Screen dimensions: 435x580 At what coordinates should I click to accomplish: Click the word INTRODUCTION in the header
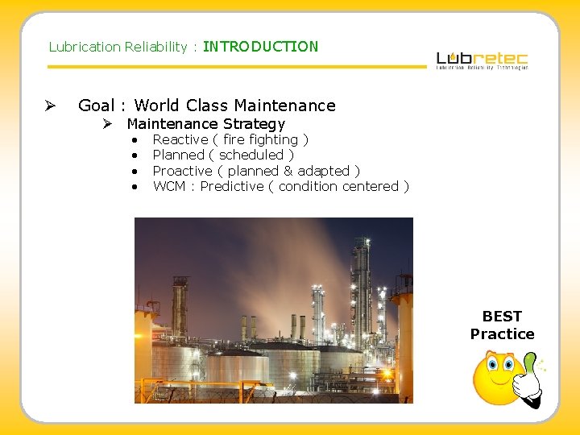tap(260, 47)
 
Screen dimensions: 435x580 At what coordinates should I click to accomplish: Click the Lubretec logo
tap(482, 60)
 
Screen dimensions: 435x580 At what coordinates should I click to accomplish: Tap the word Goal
tap(96, 106)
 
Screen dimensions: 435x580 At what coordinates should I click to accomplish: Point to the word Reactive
tap(180, 139)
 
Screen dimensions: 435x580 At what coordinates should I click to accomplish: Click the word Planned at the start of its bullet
tap(178, 155)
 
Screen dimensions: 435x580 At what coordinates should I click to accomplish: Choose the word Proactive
tap(182, 171)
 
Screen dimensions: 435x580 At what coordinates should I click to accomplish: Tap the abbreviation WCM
tap(169, 186)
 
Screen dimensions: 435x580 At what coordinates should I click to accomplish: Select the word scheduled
tap(251, 155)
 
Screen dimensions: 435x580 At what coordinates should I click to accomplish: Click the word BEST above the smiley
tap(502, 317)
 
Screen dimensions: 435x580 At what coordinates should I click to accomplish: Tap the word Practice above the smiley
tap(502, 334)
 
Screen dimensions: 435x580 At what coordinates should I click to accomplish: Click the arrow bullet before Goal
tap(50, 106)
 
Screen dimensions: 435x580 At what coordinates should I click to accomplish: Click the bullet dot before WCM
tap(135, 187)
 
